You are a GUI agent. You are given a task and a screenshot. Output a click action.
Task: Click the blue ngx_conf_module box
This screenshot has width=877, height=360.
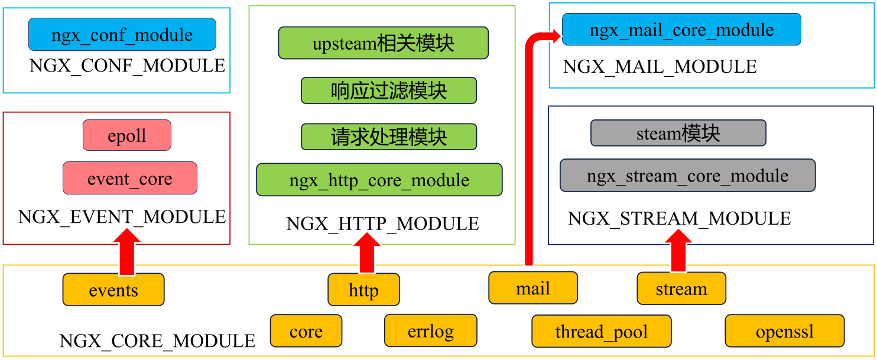coord(122,34)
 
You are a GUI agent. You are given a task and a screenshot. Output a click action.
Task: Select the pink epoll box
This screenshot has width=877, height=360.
coord(127,135)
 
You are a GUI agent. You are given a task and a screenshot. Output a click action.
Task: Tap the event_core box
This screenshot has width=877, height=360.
coord(130,178)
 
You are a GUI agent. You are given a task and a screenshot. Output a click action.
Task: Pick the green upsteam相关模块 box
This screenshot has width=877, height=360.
coord(384,43)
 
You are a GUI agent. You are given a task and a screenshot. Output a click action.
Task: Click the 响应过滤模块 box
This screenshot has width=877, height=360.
coord(389,90)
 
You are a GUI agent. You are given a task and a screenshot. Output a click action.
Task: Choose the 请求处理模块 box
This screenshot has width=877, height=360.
coord(389,137)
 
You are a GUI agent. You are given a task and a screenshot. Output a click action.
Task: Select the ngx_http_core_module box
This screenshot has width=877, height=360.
coord(379,180)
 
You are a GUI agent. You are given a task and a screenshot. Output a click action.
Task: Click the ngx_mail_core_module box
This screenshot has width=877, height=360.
coord(681,30)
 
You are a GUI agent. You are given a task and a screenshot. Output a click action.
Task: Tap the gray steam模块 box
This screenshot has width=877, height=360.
coord(678,133)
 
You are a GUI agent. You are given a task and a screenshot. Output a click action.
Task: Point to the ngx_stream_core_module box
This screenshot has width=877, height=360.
coord(688,176)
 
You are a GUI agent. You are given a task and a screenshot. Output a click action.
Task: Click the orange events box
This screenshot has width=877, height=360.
coord(113,290)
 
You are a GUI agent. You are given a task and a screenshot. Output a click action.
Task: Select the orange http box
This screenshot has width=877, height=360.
coord(364,290)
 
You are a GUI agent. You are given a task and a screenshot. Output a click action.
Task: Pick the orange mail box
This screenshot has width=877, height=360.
coord(533,288)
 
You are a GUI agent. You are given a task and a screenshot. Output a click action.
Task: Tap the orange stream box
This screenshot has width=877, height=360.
coord(681,288)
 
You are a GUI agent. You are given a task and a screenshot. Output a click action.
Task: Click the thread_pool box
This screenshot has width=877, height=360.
coord(602,331)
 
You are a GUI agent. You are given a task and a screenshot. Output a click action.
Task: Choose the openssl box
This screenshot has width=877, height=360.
coord(785,331)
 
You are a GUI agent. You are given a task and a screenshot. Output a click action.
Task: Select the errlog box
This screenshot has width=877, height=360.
coord(431,330)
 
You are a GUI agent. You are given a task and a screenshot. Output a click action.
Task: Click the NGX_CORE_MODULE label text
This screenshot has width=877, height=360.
coord(158,341)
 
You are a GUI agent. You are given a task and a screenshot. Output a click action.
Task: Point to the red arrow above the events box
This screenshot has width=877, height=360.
coord(127,252)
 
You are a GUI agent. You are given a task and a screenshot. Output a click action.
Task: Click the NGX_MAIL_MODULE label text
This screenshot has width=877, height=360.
coord(660,66)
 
